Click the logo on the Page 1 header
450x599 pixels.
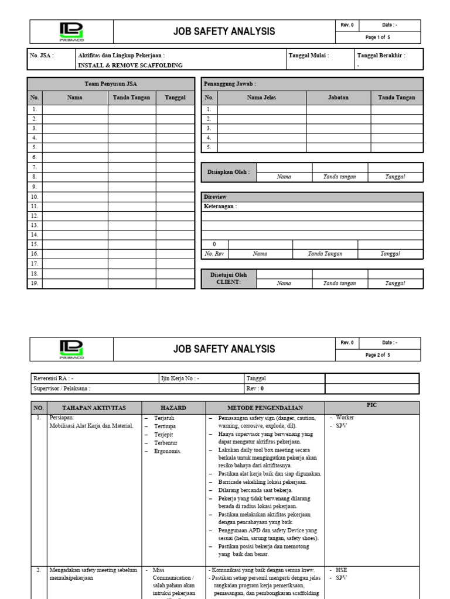tap(71, 32)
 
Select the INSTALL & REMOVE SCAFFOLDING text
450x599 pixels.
tap(130, 66)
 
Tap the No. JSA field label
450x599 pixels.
tap(42, 56)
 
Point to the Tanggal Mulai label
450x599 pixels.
tap(309, 56)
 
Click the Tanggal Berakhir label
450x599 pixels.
tap(381, 56)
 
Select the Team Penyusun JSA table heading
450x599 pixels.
tap(111, 84)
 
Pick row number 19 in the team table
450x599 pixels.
tap(35, 283)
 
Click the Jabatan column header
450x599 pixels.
tap(338, 98)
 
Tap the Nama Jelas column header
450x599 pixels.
tap(262, 98)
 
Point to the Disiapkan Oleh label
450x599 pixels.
tap(229, 172)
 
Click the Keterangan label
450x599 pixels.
tap(220, 206)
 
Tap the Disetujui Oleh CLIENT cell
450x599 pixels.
tap(229, 278)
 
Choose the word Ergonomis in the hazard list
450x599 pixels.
tap(167, 451)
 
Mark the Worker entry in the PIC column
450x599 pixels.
tap(345, 418)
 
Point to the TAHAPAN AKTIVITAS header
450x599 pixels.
tap(94, 407)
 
